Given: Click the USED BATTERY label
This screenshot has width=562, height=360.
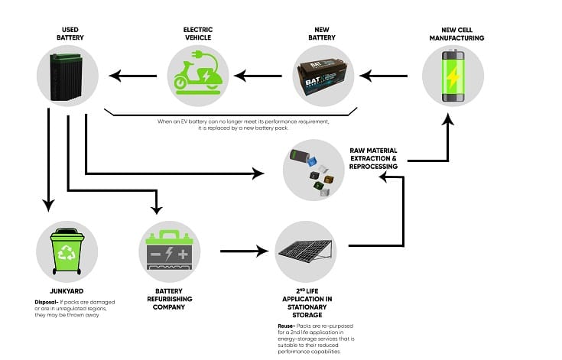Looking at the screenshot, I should pyautogui.click(x=70, y=33).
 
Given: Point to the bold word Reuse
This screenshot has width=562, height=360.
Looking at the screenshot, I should pyautogui.click(x=287, y=326).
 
